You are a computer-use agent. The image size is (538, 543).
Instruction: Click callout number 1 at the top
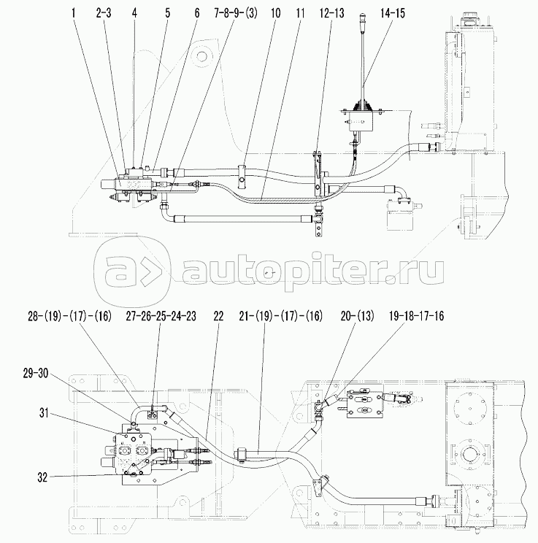73,13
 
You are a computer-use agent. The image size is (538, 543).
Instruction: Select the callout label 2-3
104,13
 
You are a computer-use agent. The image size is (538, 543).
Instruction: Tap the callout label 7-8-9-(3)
236,13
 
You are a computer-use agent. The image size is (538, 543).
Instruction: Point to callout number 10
275,13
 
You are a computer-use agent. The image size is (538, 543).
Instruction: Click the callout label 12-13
332,13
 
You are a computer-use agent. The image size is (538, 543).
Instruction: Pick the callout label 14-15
393,13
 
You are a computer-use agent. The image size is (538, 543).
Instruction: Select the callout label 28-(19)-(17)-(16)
70,316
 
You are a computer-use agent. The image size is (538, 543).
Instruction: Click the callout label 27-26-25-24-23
161,316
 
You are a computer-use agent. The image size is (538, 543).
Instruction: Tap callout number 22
218,316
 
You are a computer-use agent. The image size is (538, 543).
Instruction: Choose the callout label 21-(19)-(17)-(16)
281,316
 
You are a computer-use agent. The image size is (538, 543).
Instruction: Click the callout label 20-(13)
357,316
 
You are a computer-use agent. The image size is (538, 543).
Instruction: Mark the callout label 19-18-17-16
416,316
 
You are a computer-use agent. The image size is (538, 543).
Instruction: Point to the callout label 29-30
36,374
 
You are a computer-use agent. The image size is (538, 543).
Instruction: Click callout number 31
43,413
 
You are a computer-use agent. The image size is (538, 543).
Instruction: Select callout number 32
42,477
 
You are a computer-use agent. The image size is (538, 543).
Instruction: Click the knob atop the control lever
362,18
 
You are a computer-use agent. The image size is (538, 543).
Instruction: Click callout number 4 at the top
134,13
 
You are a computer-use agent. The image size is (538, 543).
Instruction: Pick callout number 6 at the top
197,13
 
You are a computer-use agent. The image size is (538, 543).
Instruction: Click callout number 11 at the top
300,13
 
